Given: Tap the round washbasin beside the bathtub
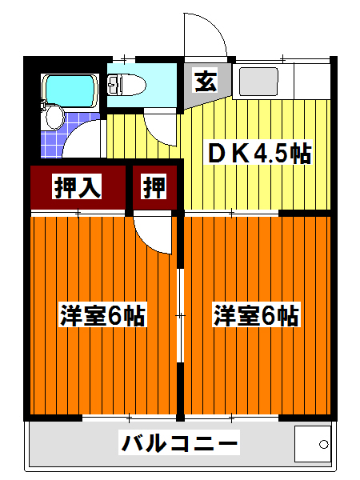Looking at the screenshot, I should [x=54, y=118].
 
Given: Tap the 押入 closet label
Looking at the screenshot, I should [x=78, y=187].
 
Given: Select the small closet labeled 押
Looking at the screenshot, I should [x=155, y=187].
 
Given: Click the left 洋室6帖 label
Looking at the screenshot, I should [x=102, y=316].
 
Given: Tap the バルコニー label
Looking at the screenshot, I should [x=180, y=442].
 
